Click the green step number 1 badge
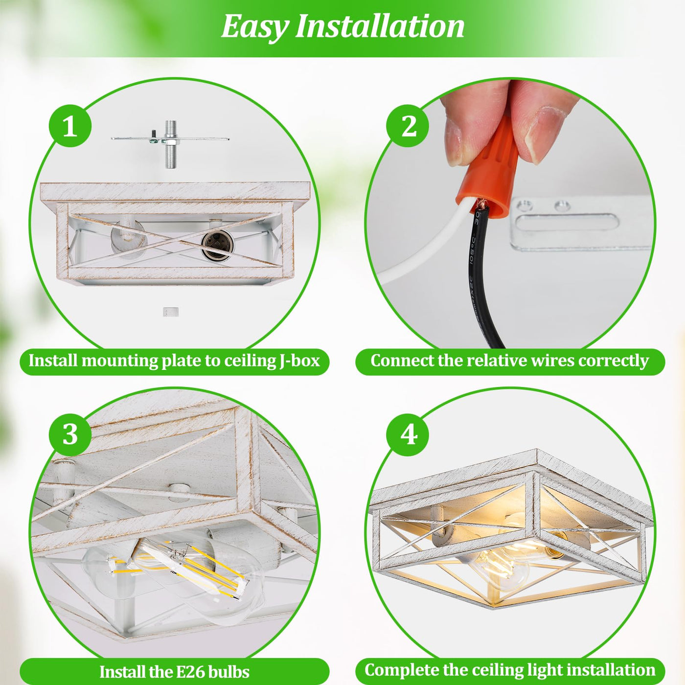70,126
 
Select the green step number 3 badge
70,434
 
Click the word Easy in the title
253,28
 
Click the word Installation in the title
380,26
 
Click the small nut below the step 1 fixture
171,312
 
